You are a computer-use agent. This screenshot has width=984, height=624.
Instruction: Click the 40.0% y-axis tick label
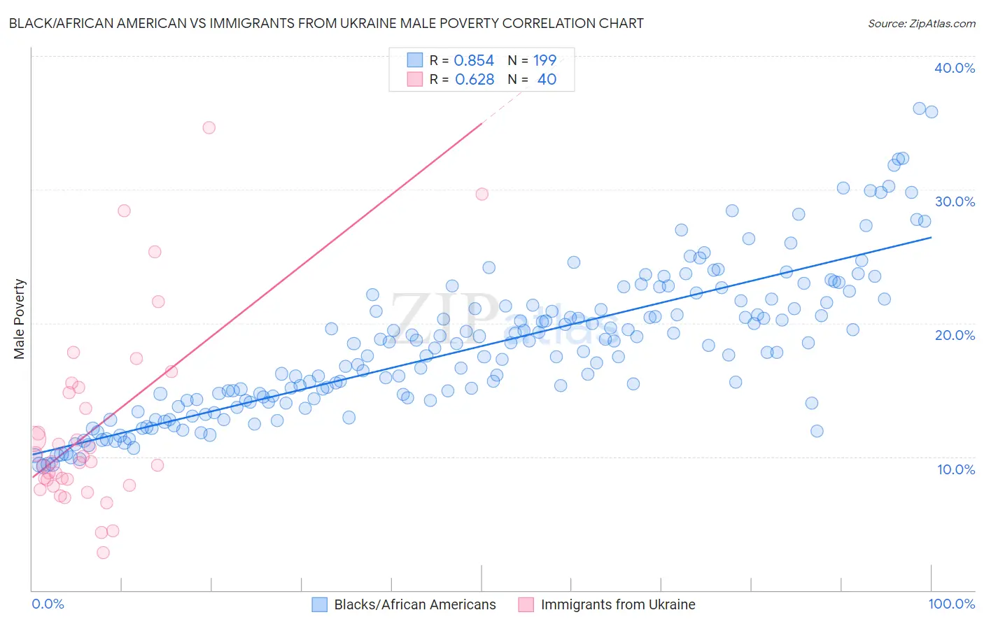coord(954,68)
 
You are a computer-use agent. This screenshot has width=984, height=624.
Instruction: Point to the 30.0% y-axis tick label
coord(954,201)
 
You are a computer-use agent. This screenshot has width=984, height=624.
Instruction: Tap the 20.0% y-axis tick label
coord(954,335)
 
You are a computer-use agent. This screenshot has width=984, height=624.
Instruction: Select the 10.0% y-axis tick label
coord(955,469)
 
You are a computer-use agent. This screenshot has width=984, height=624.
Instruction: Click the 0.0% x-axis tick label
coord(48,604)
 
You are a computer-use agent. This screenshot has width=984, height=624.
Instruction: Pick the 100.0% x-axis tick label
coord(951,604)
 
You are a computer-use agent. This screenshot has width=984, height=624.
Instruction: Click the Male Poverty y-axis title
coord(20,319)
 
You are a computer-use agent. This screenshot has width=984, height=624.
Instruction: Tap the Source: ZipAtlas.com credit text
coord(921,24)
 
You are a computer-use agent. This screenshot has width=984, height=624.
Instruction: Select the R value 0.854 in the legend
coord(474,61)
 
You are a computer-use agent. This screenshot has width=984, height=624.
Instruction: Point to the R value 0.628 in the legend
coord(475,80)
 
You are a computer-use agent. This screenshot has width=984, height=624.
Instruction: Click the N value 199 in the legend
coord(544,61)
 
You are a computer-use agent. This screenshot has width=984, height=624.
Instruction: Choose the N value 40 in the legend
coord(547,80)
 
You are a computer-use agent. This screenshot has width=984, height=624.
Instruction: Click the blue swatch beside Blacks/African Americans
coord(319,604)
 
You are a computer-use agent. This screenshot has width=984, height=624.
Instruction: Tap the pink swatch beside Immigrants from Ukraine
coord(526,604)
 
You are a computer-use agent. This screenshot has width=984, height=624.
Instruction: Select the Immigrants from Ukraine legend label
coord(618,604)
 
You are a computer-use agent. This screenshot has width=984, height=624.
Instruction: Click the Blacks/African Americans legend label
coord(415,604)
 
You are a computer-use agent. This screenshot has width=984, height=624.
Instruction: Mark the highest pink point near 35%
coord(209,127)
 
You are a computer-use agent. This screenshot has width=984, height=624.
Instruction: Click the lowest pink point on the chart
coord(103,553)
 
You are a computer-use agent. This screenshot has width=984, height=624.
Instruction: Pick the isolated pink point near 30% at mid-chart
coord(482,194)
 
